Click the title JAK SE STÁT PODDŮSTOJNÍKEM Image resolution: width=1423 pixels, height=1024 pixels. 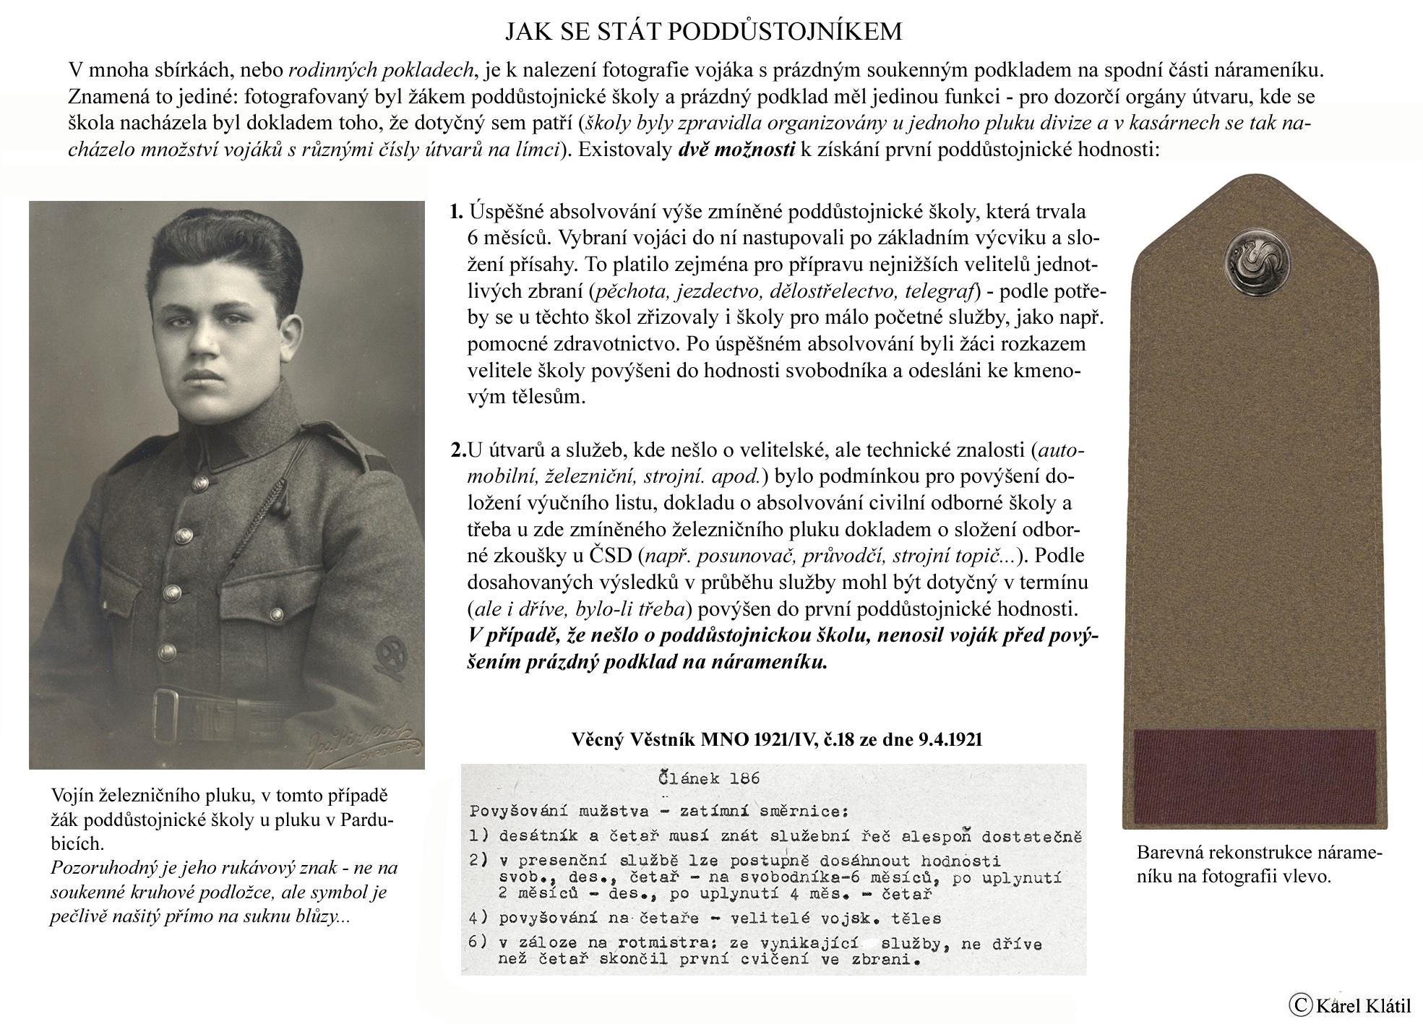703,32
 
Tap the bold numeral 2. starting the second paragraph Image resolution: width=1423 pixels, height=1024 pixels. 458,450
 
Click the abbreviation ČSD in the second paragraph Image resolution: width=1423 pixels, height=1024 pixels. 611,557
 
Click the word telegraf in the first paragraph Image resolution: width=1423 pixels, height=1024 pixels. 940,291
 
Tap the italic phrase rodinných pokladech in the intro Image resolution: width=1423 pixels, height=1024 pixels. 381,71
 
